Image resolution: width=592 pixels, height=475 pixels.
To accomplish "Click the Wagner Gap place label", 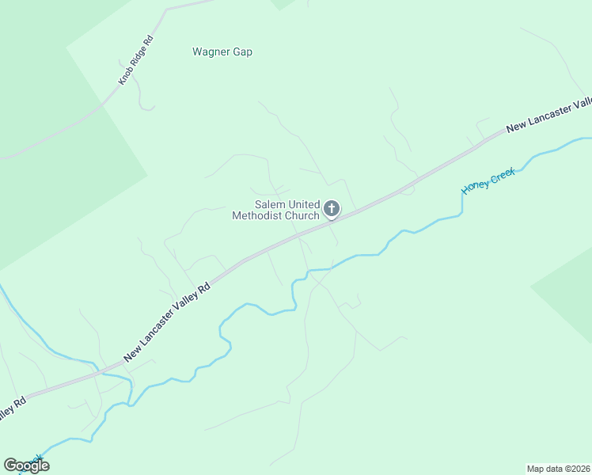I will pyautogui.click(x=222, y=52).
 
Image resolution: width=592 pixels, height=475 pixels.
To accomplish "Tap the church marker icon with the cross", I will pyautogui.click(x=332, y=210).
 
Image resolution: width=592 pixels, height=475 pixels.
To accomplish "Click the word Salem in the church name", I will pyautogui.click(x=269, y=204).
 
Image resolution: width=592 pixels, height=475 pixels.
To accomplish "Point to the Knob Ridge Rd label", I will pyautogui.click(x=135, y=60).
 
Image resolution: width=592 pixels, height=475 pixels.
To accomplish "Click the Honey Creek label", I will pyautogui.click(x=488, y=180).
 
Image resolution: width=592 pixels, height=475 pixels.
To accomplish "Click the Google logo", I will pyautogui.click(x=26, y=465).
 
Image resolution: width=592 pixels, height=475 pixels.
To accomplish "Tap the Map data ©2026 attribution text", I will pyautogui.click(x=558, y=468).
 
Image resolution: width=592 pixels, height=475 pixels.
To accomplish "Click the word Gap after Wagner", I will pyautogui.click(x=241, y=52).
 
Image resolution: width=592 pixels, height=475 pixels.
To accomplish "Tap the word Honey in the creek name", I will pyautogui.click(x=476, y=185).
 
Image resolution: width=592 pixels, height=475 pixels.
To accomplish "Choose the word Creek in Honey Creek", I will pyautogui.click(x=503, y=173).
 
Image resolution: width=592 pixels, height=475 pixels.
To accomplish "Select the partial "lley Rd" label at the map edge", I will pyautogui.click(x=9, y=410).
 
